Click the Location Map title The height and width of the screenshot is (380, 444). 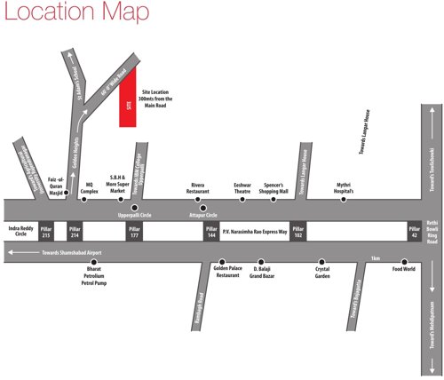62,12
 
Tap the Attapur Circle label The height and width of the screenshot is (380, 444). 203,214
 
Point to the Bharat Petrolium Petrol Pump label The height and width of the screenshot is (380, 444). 88,276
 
